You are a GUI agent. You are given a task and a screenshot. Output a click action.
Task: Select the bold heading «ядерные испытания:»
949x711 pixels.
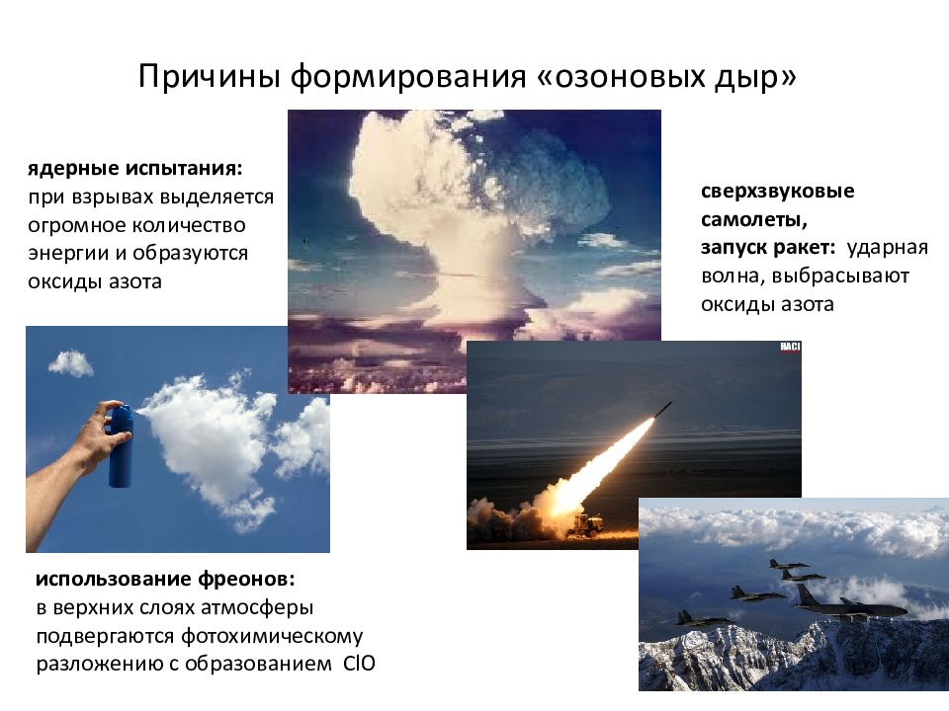click(x=135, y=169)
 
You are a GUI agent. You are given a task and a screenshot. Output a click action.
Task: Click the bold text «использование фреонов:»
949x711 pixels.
click(x=165, y=579)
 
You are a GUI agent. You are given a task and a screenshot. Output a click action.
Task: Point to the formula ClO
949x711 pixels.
click(x=359, y=664)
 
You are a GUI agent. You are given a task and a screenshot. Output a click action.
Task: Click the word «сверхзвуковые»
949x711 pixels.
click(x=778, y=192)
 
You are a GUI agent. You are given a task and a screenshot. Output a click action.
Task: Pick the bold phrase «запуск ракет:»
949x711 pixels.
click(x=768, y=248)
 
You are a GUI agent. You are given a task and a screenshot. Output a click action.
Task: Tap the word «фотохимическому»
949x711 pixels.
click(x=272, y=636)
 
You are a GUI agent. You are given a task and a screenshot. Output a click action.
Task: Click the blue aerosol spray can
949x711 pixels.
click(x=121, y=445)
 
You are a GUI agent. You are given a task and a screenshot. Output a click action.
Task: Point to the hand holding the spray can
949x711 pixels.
click(x=91, y=441)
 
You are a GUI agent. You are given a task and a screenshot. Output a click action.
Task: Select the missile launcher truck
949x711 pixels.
click(x=586, y=524)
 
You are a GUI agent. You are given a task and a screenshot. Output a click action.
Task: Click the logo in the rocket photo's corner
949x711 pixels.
click(x=790, y=347)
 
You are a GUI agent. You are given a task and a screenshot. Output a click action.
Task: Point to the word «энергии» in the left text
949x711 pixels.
click(x=68, y=254)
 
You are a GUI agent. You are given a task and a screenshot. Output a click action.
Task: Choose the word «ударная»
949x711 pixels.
click(x=887, y=248)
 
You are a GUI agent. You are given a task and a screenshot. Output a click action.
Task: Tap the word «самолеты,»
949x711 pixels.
click(x=754, y=219)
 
